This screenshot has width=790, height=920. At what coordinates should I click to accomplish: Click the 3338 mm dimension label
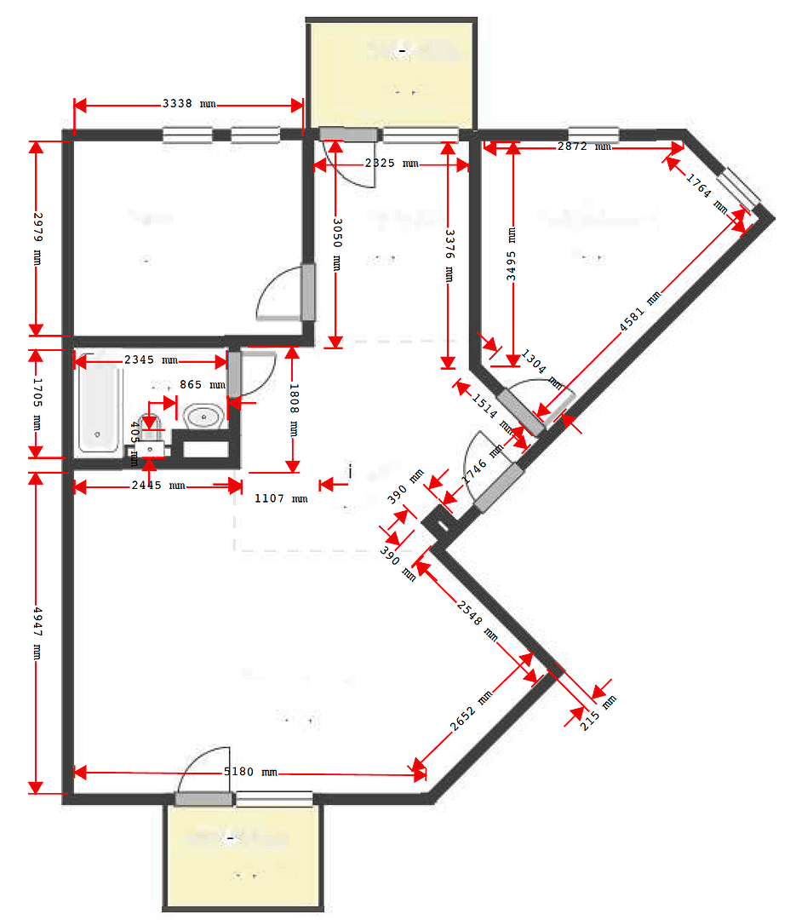pos(188,105)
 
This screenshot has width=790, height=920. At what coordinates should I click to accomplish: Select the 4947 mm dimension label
pos(36,631)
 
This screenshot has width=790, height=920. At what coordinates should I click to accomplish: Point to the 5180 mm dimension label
pos(250,773)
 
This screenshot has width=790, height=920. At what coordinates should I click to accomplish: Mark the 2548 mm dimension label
pos(477,618)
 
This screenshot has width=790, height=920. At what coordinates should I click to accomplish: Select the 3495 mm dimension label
pos(512,253)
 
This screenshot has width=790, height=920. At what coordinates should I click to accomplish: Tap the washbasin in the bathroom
pos(204,417)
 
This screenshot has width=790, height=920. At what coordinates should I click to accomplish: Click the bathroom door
pos(235,374)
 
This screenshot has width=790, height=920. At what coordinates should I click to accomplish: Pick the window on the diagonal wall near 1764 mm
pos(737,188)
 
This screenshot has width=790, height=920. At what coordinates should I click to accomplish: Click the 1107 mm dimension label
pos(281,498)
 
